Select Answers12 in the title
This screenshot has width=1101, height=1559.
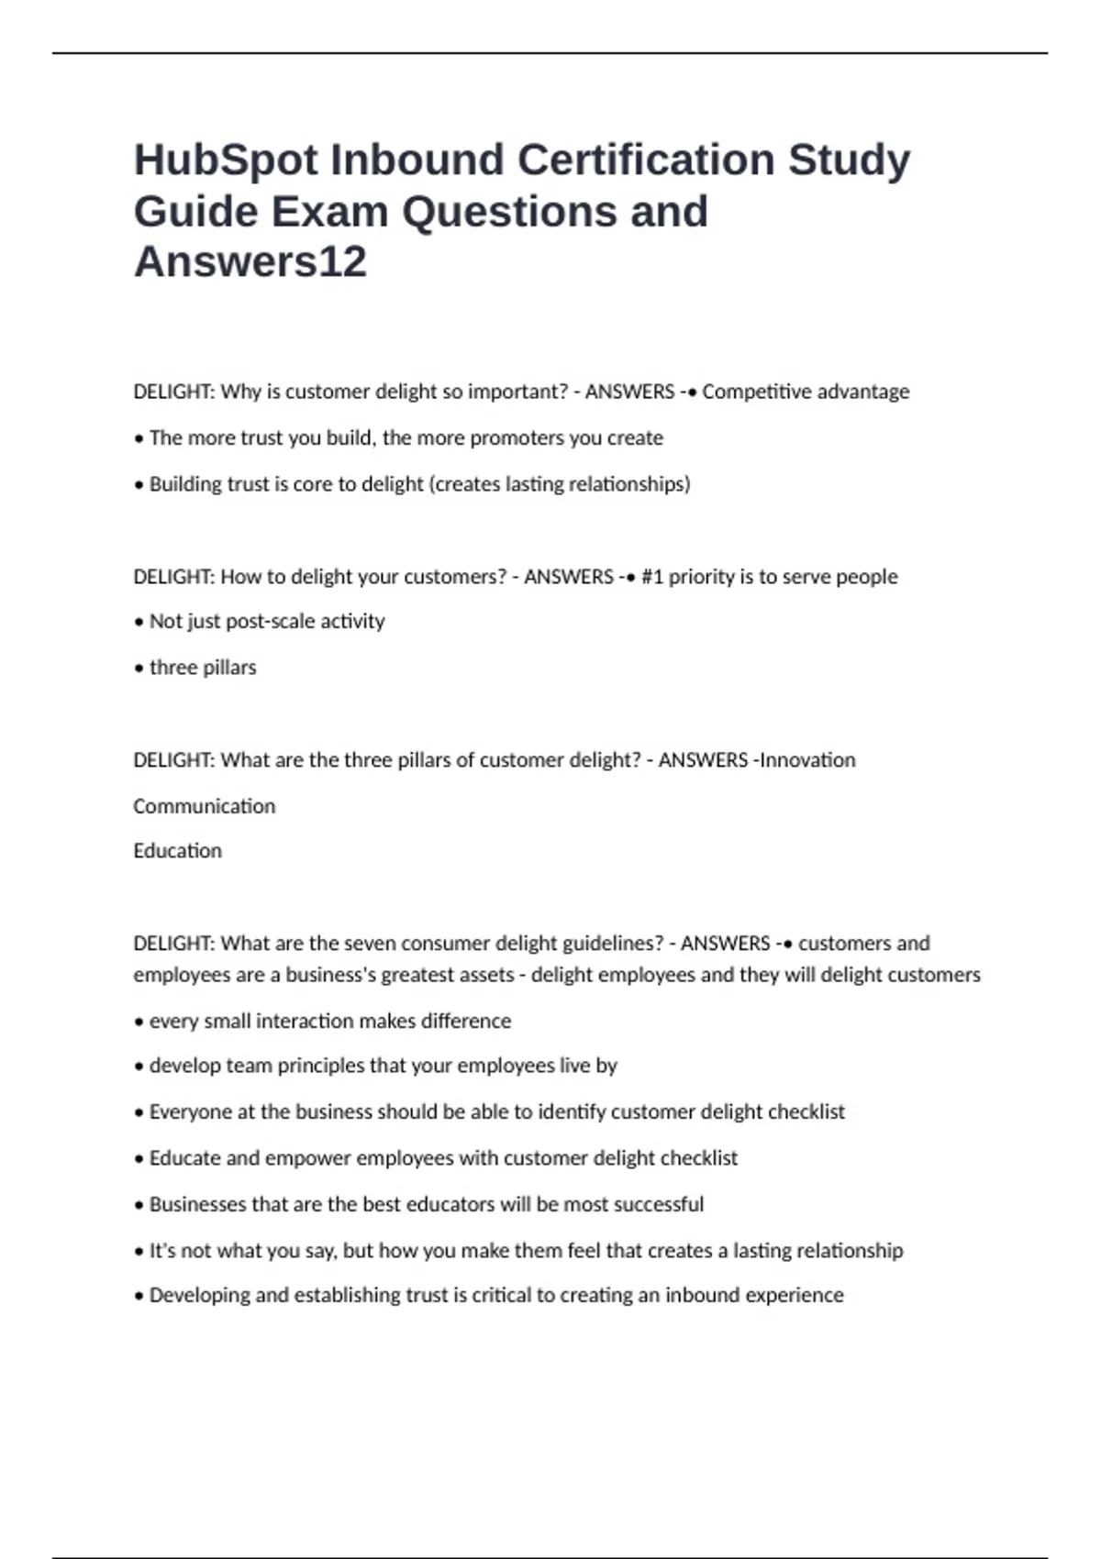[x=250, y=262]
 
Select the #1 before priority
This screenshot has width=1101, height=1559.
[x=651, y=577]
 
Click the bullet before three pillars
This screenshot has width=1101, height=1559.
[x=139, y=669]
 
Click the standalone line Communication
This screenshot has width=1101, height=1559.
[x=204, y=807]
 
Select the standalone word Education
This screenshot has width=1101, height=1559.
[x=177, y=851]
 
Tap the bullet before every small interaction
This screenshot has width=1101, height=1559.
[x=139, y=1022]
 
